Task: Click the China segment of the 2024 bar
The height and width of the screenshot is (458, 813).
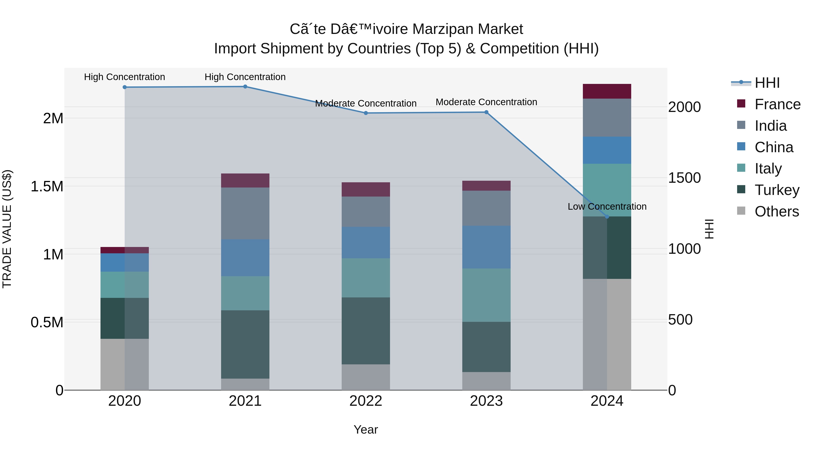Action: pos(607,150)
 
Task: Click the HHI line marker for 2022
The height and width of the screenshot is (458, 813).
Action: pos(366,113)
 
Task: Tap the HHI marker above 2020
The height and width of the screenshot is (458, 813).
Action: pos(125,87)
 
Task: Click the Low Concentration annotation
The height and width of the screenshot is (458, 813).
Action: pos(607,206)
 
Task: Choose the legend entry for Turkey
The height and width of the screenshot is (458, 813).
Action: pos(776,190)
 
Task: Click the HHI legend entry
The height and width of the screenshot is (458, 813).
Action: pos(767,83)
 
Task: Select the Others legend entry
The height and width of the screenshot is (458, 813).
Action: pos(776,211)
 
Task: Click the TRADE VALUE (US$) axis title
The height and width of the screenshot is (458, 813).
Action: pos(7,229)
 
